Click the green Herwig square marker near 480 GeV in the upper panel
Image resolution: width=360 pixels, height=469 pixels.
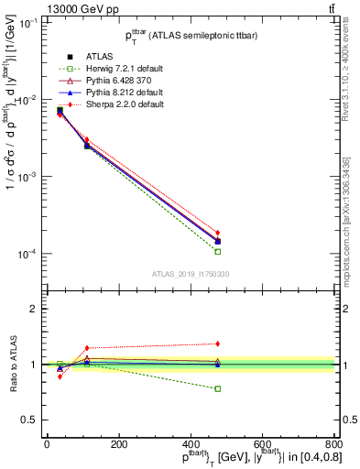click(x=218, y=251)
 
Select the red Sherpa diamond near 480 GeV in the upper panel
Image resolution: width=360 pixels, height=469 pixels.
click(x=218, y=233)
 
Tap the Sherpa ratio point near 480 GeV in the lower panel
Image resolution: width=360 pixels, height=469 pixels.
click(x=218, y=344)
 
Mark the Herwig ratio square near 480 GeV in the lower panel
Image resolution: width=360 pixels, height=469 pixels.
click(x=218, y=388)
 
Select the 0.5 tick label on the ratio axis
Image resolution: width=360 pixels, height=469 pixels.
click(x=27, y=420)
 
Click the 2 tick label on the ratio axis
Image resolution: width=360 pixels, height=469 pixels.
click(x=34, y=310)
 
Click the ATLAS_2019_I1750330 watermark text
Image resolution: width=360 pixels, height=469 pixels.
click(x=190, y=273)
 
